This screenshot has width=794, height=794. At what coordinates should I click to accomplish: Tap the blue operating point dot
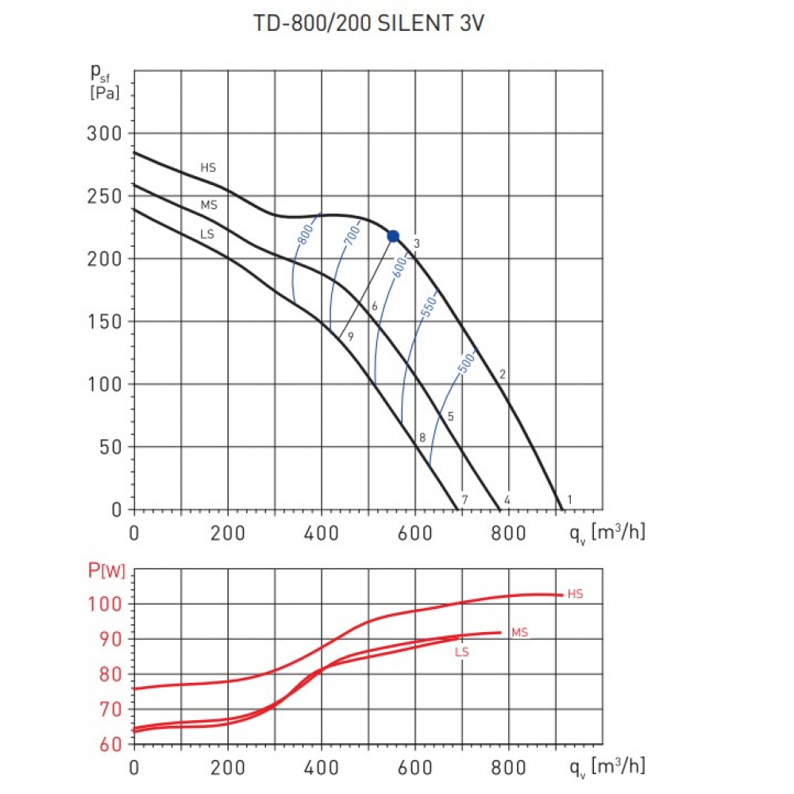(x=393, y=236)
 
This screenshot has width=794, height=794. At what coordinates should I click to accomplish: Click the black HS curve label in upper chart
(x=208, y=168)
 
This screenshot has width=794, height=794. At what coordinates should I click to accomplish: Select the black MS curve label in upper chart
(x=209, y=205)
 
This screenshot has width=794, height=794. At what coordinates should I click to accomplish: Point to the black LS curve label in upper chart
(x=207, y=234)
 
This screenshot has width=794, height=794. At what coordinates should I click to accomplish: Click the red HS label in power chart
(x=576, y=594)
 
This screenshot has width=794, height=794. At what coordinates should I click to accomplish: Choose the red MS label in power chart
(x=519, y=633)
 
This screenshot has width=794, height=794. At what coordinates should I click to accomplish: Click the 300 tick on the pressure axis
(x=104, y=133)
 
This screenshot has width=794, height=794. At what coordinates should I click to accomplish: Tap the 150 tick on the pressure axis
(x=104, y=322)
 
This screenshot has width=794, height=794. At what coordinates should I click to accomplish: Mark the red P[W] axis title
(x=106, y=571)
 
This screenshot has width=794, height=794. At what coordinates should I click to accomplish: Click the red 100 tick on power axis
(x=105, y=604)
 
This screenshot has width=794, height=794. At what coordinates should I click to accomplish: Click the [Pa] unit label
(x=105, y=94)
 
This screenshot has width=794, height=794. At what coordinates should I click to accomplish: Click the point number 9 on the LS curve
(x=349, y=336)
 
